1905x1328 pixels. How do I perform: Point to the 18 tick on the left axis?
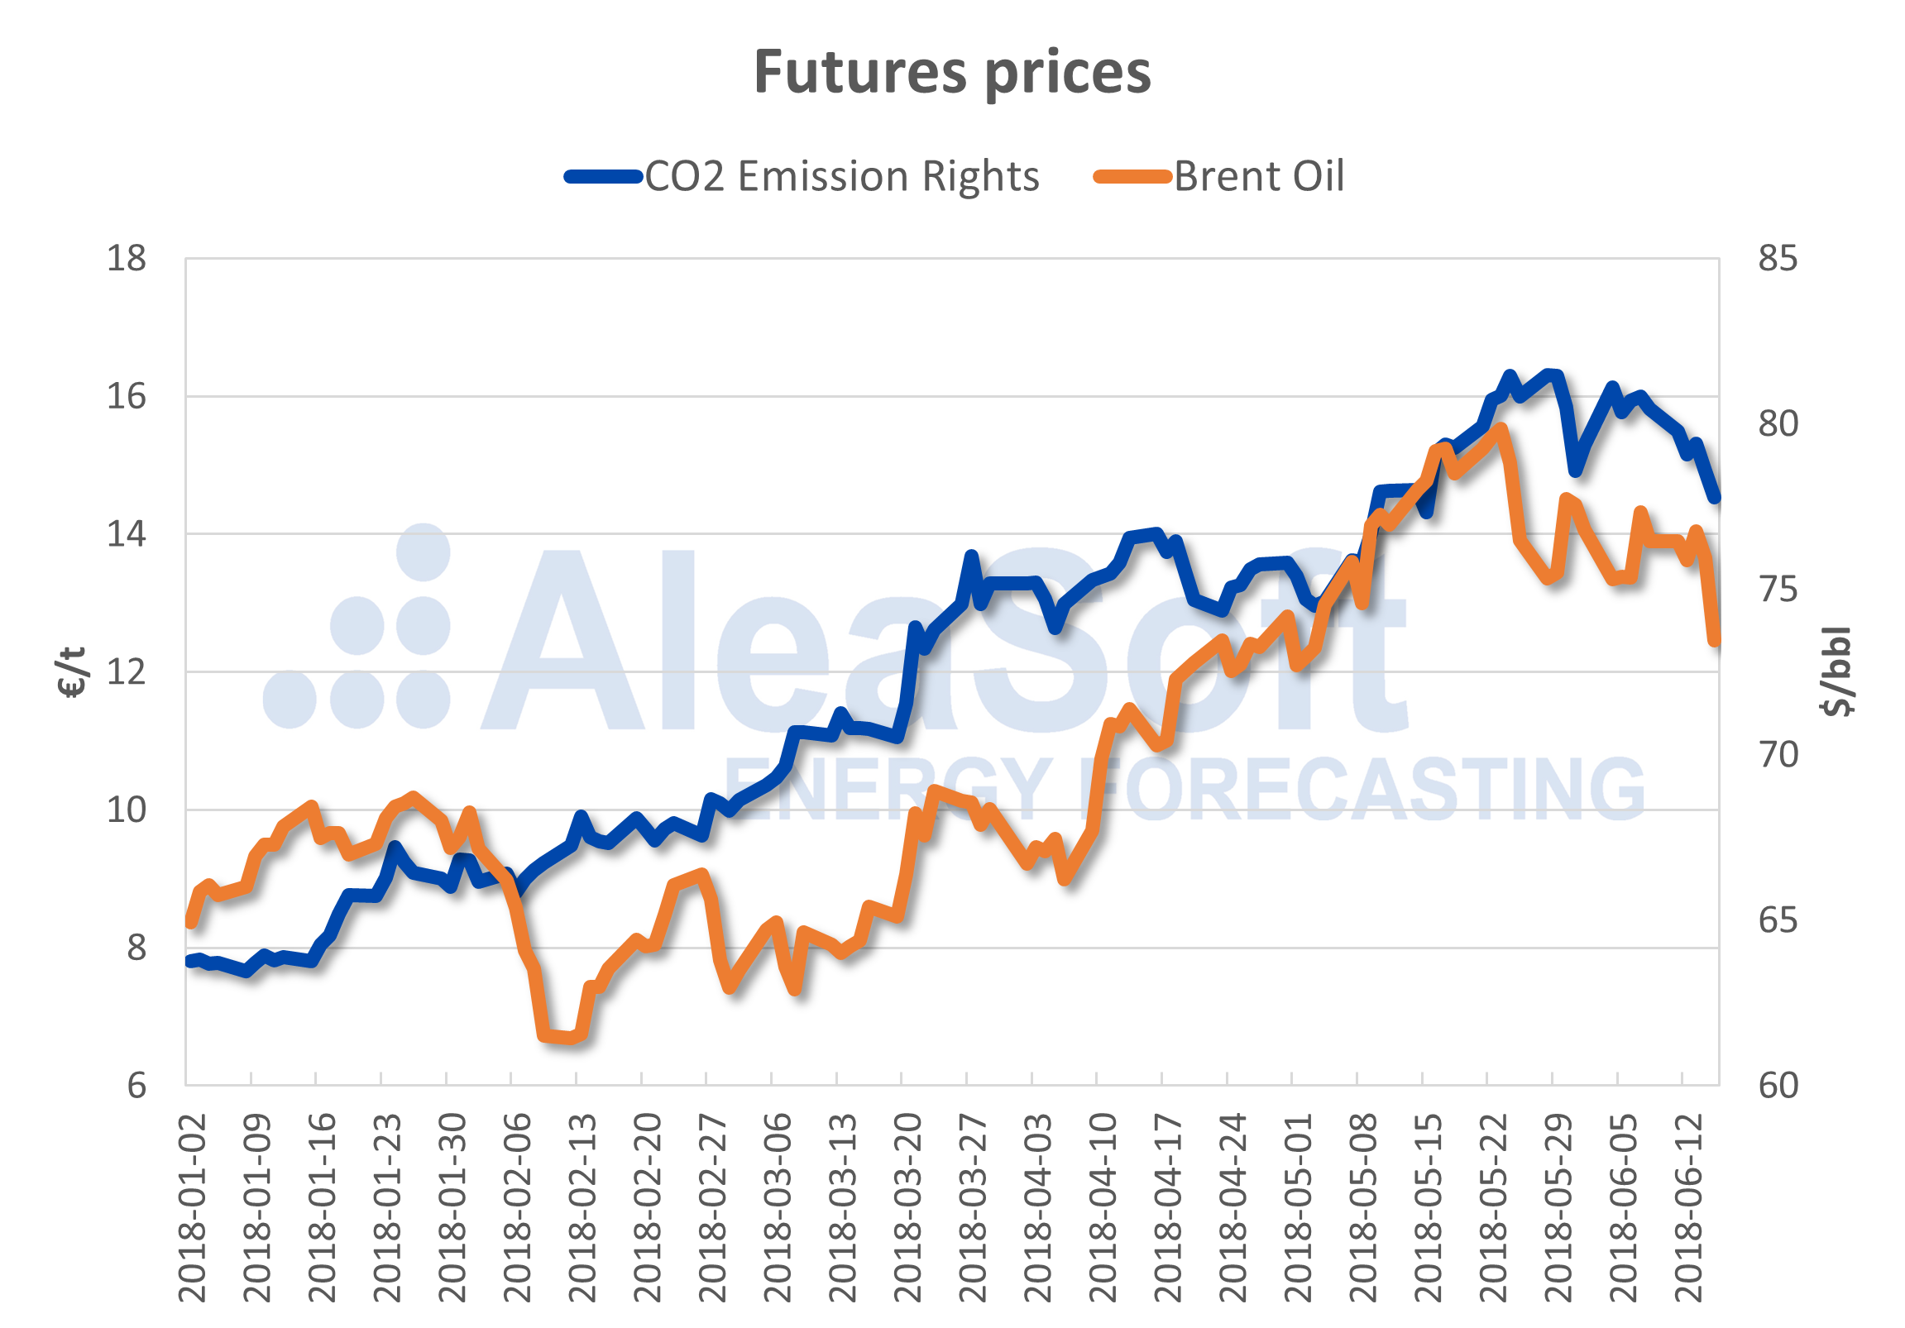click(x=126, y=259)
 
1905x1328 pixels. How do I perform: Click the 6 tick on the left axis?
click(x=136, y=1086)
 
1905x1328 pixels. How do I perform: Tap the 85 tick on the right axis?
click(x=1778, y=259)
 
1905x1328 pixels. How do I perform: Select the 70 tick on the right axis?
click(x=1778, y=755)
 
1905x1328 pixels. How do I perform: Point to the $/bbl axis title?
click(x=1836, y=672)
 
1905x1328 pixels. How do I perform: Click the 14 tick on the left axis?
click(x=126, y=534)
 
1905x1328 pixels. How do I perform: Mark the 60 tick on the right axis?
click(x=1778, y=1086)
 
